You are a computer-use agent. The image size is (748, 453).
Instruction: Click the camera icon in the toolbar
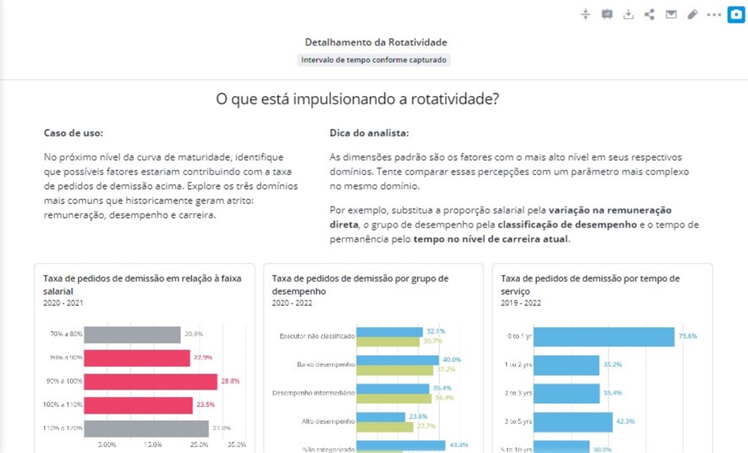[736, 14]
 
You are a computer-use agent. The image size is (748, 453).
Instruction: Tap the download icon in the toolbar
[628, 14]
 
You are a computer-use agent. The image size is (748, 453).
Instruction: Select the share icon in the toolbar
[650, 14]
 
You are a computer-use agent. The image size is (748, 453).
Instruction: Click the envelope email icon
[671, 14]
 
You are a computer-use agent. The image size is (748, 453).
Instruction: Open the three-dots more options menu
[714, 14]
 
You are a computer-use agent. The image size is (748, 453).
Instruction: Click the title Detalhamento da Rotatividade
[376, 42]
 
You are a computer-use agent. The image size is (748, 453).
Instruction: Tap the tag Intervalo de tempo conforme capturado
[374, 60]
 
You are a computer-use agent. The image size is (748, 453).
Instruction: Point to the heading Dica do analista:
[369, 133]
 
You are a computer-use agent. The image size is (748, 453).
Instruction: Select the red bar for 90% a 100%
[150, 381]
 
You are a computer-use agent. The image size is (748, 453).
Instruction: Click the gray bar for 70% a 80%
[132, 334]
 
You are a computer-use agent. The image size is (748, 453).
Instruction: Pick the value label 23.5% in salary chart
[205, 404]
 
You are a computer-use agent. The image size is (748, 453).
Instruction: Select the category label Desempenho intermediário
[314, 393]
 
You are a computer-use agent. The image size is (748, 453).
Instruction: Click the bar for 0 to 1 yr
[604, 336]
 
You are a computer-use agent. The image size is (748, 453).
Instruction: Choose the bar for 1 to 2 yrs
[567, 364]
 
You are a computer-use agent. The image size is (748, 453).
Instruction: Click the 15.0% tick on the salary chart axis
[153, 445]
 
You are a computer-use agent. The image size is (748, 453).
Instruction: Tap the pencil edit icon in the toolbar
[692, 14]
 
